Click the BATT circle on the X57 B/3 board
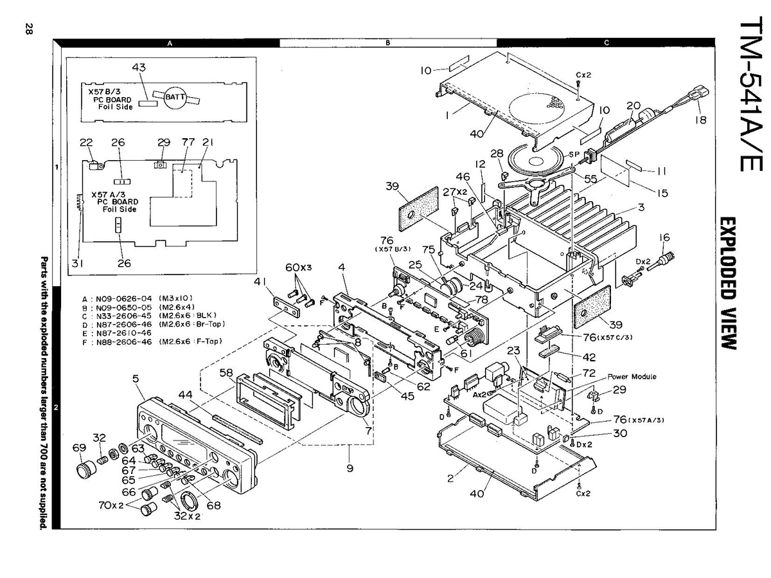tap(174, 97)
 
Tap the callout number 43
tap(139, 68)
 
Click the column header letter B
tap(388, 43)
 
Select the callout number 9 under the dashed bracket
tap(350, 468)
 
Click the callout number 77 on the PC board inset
tap(188, 142)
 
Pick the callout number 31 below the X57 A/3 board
tap(77, 262)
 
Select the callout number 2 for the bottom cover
tap(451, 478)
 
